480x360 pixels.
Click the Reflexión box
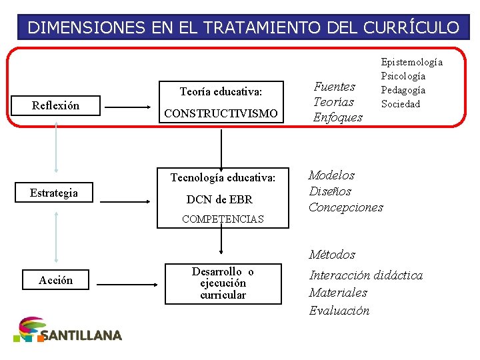(56, 105)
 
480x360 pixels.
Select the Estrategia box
(54, 193)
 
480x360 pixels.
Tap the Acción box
(56, 280)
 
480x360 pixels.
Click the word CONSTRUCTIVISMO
(221, 114)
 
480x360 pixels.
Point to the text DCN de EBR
(219, 199)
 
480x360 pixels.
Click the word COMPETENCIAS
(223, 219)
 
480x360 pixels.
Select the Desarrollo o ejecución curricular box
(223, 283)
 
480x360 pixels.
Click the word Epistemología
(411, 62)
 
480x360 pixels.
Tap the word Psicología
(403, 76)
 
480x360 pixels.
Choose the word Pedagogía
(403, 90)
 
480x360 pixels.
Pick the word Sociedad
(401, 104)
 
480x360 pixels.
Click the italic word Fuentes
(334, 86)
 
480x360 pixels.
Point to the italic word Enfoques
(337, 117)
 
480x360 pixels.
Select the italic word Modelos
(331, 175)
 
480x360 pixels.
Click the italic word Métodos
(332, 255)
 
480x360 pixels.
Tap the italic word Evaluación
(339, 311)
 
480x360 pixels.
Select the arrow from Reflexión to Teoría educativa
(130, 106)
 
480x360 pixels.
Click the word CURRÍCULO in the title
(411, 27)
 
